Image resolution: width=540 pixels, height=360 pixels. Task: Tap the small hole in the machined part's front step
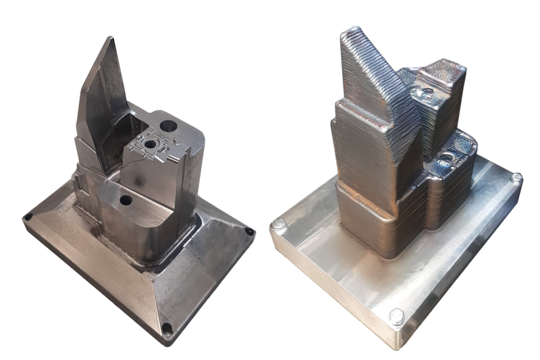[126, 201]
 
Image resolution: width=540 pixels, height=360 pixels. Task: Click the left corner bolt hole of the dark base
[28, 217]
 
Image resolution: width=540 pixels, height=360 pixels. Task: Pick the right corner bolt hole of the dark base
[250, 232]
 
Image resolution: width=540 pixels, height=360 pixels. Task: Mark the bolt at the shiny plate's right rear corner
[516, 178]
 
